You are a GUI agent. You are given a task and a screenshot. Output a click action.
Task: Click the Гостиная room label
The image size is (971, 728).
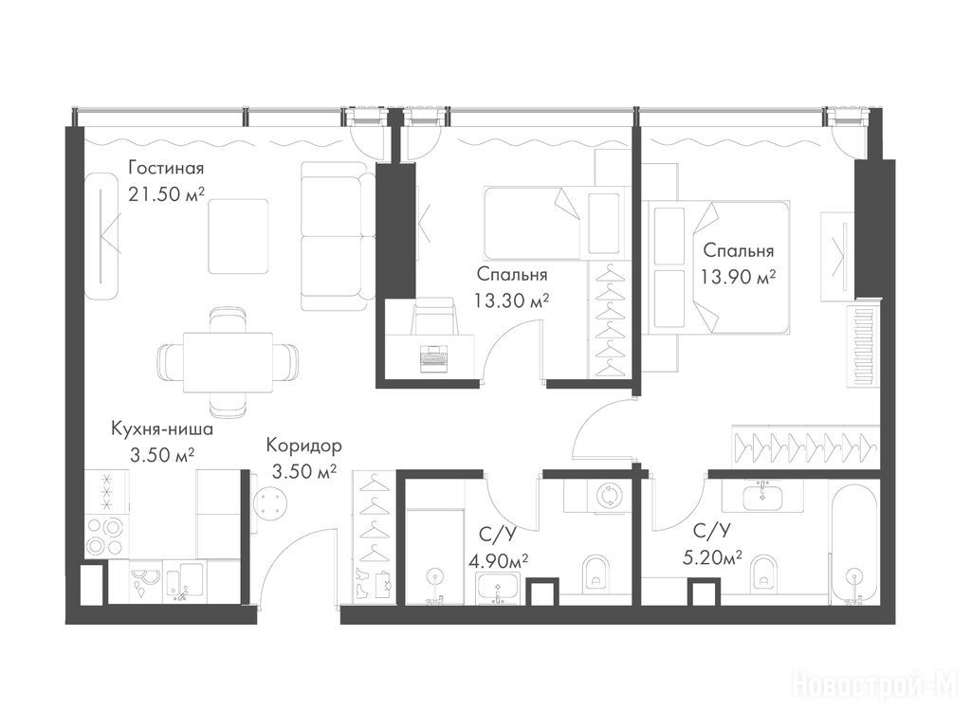pyautogui.click(x=166, y=169)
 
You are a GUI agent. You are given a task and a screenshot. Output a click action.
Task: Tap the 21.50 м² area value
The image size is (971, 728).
pyautogui.click(x=166, y=194)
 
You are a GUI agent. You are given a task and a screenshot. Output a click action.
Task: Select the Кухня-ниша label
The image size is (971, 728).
pyautogui.click(x=162, y=428)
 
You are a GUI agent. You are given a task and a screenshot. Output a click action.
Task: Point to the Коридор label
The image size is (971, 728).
pyautogui.click(x=304, y=446)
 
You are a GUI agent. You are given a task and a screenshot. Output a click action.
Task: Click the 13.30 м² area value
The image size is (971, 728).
pyautogui.click(x=512, y=300)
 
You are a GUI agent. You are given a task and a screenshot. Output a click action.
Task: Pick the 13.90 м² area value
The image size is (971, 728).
pyautogui.click(x=739, y=277)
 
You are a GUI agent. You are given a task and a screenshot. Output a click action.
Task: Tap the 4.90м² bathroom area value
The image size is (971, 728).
pyautogui.click(x=499, y=561)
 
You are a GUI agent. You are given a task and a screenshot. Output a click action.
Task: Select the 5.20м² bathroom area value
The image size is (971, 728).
pyautogui.click(x=712, y=558)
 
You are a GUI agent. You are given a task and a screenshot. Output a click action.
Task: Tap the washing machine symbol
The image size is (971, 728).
pyautogui.click(x=608, y=497)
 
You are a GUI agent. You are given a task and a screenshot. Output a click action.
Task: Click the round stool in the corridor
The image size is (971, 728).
pyautogui.click(x=270, y=500)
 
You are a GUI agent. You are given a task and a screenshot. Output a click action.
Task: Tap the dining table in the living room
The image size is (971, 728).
pyautogui.click(x=228, y=363)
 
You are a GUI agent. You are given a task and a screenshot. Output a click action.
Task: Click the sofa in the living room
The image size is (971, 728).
pyautogui.click(x=338, y=236)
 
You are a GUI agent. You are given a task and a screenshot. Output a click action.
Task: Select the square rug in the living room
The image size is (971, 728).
pyautogui.click(x=238, y=236)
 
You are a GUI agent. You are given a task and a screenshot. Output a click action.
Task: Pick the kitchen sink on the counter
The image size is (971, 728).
pyautogui.click(x=184, y=582)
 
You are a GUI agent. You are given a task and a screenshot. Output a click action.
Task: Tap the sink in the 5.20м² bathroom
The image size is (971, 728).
pyautogui.click(x=763, y=495)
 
